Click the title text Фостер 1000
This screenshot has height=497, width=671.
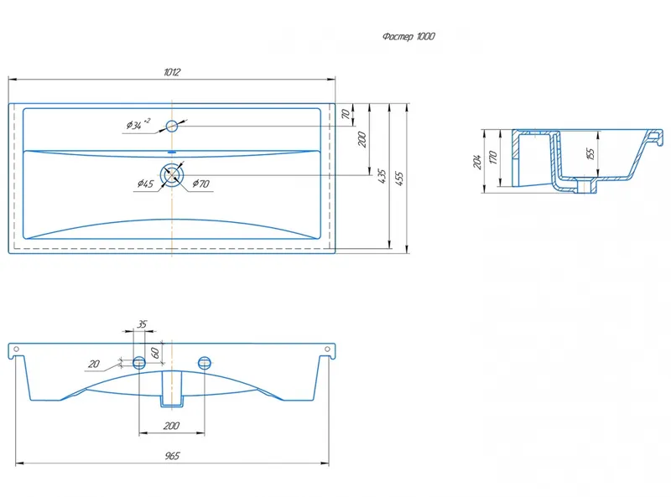tap(408, 36)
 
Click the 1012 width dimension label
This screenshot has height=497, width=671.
tap(172, 72)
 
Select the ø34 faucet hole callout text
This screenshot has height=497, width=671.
tap(138, 124)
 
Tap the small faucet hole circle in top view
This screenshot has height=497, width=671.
tap(172, 126)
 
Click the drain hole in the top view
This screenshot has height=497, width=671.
tap(172, 175)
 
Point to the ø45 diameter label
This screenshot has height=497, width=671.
tap(145, 184)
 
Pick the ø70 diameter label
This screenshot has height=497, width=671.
tap(200, 184)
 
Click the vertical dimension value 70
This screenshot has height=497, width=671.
tap(346, 114)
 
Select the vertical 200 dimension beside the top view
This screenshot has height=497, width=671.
tap(362, 139)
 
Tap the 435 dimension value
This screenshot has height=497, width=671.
tap(382, 176)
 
